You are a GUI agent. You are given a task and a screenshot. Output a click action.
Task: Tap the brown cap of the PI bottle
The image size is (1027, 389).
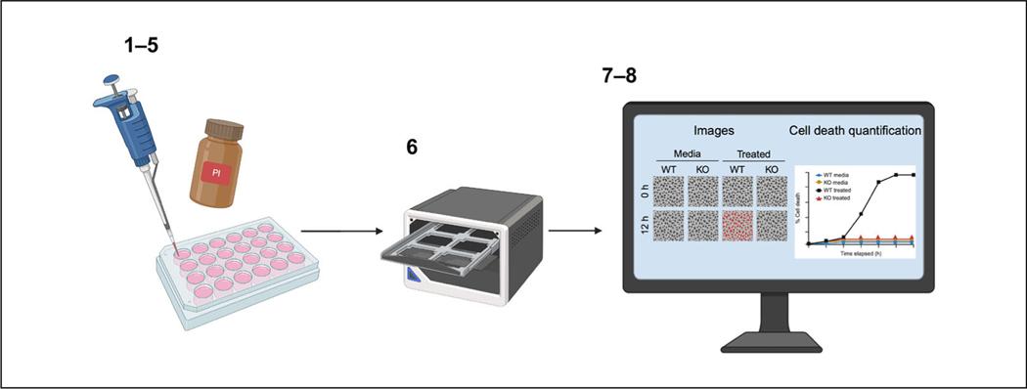coord(222,129)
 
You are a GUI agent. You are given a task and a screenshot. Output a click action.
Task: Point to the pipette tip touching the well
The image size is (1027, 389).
coord(176,245)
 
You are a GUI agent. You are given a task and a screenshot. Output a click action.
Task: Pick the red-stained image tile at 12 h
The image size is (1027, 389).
coord(738,226)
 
